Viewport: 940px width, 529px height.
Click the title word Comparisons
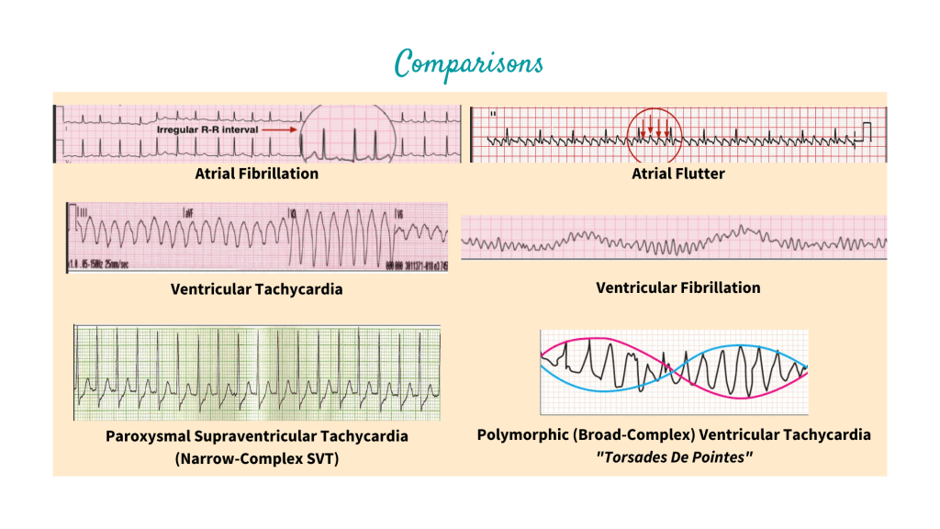coord(469,62)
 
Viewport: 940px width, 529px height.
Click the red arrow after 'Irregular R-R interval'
coord(281,130)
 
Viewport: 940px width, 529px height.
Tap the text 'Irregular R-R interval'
coord(208,130)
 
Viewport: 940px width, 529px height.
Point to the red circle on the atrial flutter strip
coord(655,134)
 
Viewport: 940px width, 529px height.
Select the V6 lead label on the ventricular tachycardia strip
coord(398,212)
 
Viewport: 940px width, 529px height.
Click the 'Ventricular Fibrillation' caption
coord(677,287)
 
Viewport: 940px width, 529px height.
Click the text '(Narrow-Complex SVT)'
coord(256,457)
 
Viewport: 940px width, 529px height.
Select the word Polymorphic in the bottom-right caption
coord(521,433)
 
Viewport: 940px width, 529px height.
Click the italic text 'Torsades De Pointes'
coord(674,456)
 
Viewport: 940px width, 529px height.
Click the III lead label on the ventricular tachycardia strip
coord(81,212)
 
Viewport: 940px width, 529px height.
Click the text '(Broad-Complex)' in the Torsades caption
coord(625,433)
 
